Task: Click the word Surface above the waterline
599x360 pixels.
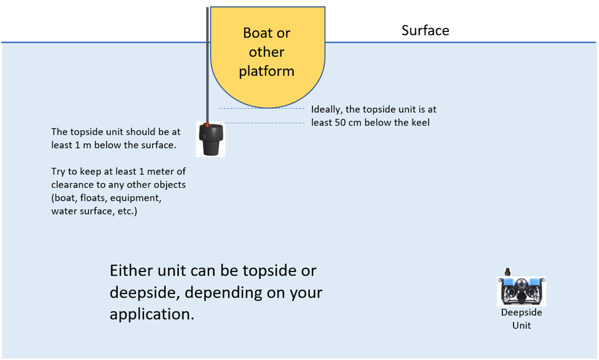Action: point(425,30)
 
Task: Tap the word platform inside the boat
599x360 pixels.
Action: point(267,71)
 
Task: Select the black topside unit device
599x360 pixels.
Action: point(210,142)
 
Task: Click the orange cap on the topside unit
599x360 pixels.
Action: point(210,125)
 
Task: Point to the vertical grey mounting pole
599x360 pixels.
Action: point(208,62)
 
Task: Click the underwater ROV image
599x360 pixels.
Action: point(522,291)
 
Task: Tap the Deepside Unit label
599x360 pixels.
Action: point(521,318)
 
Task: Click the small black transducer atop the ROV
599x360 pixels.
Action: point(508,271)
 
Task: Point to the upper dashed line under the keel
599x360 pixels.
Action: point(261,109)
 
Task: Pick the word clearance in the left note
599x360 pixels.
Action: point(72,185)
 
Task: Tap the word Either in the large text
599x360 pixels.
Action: point(130,271)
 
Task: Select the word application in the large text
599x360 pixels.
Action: point(150,314)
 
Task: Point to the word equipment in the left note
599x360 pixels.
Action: point(141,198)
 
